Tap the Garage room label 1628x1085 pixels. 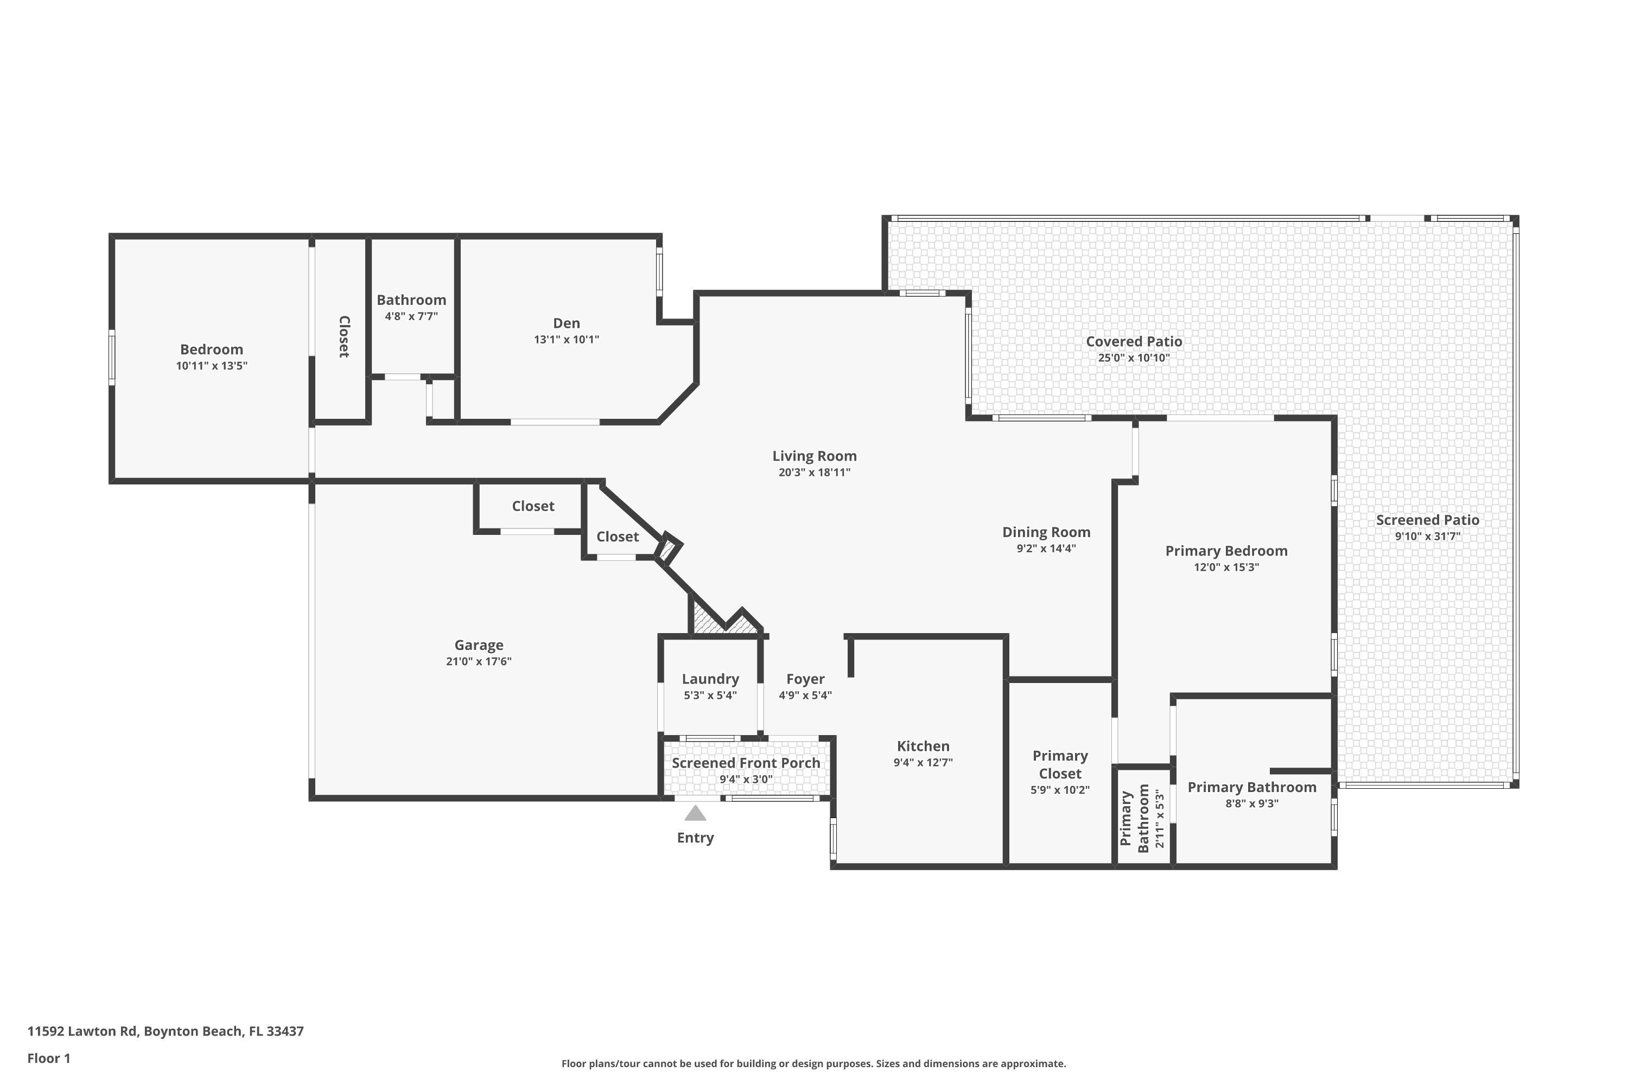[479, 646]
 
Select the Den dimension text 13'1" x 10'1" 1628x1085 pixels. [566, 339]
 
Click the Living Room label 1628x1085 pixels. [814, 456]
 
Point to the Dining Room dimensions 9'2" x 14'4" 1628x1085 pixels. [1046, 548]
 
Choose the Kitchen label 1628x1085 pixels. [924, 746]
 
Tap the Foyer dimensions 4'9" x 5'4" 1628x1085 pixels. [805, 695]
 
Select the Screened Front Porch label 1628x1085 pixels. [746, 763]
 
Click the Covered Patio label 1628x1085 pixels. [1134, 341]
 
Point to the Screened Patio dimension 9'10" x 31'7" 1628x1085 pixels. [1427, 537]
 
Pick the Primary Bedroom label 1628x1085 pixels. [1226, 551]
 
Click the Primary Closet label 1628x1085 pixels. [1060, 764]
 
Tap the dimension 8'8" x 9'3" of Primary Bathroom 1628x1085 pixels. [1251, 803]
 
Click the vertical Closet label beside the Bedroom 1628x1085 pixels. [344, 336]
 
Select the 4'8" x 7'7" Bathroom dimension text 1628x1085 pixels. [411, 316]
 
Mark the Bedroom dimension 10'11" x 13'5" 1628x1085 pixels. [211, 365]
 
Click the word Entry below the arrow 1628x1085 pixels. [695, 838]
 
